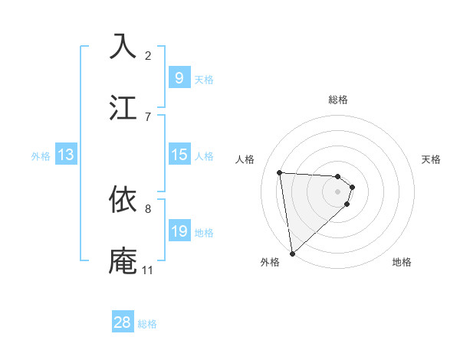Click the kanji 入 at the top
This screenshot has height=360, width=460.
point(124,47)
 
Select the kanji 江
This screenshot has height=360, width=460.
point(124,106)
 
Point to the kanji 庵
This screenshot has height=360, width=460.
point(124,260)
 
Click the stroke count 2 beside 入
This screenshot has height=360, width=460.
point(148,55)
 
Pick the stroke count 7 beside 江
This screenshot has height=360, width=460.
point(148,116)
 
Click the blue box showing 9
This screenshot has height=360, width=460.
point(179,78)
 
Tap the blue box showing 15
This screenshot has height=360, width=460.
point(179,155)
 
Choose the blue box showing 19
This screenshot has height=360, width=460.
point(179,231)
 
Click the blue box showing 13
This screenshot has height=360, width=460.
point(66,155)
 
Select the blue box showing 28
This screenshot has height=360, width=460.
point(123,322)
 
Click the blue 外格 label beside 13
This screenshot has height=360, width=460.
point(41,156)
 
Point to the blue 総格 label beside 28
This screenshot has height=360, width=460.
point(147,324)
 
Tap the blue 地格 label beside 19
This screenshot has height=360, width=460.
point(204,233)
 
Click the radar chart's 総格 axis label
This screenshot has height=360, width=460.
point(338,100)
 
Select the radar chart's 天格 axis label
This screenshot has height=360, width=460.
point(432,159)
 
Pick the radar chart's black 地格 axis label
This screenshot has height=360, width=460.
point(402,262)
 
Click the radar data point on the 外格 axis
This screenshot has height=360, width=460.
point(292,253)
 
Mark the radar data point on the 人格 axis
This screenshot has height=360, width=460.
point(280,172)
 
